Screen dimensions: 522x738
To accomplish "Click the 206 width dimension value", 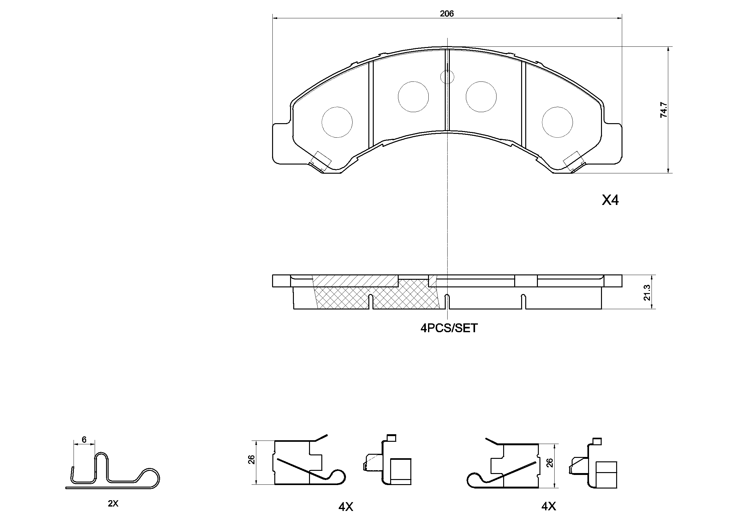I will point(446,14).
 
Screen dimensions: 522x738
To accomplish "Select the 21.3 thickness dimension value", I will point(647,292).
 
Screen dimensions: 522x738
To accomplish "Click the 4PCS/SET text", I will point(449,328).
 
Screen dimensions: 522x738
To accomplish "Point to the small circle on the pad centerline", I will point(447,77).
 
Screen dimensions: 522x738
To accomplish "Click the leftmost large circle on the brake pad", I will point(337,122).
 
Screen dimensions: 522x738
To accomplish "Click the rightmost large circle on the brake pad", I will point(557,122).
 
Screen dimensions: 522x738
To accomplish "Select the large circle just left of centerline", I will point(413,97).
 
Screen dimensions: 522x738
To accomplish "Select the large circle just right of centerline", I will point(481,97).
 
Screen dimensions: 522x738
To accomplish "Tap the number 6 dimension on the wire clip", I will point(84,440).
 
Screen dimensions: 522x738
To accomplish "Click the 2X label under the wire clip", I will point(113,504).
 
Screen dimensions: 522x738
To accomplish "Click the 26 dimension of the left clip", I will point(252,459).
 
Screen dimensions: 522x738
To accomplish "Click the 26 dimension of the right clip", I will point(550,463).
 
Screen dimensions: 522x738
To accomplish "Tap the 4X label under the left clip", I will point(346,507).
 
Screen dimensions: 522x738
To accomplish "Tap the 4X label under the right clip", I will point(548,506).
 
